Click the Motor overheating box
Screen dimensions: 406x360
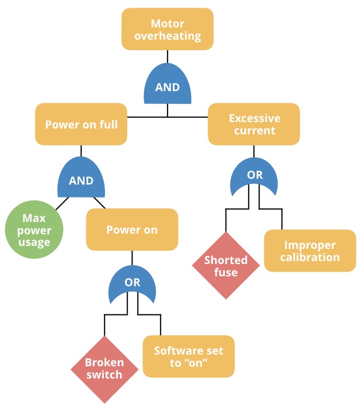pos(167,29)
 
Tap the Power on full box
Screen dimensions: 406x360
pos(81,124)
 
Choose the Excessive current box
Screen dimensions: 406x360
pos(254,124)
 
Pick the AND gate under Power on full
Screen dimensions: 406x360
pos(81,179)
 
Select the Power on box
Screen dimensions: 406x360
pos(132,230)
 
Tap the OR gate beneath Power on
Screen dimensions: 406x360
pos(132,283)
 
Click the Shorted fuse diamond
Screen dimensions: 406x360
pos(226,266)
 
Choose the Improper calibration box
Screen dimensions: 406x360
pos(310,251)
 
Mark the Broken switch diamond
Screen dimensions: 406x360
pos(104,369)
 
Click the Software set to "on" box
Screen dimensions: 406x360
pos(188,356)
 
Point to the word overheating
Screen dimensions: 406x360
pos(167,36)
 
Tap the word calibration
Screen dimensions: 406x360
pos(310,257)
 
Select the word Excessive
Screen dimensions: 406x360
pos(254,118)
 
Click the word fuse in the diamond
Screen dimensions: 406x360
pos(226,273)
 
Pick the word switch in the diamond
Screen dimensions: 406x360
pos(104,375)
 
